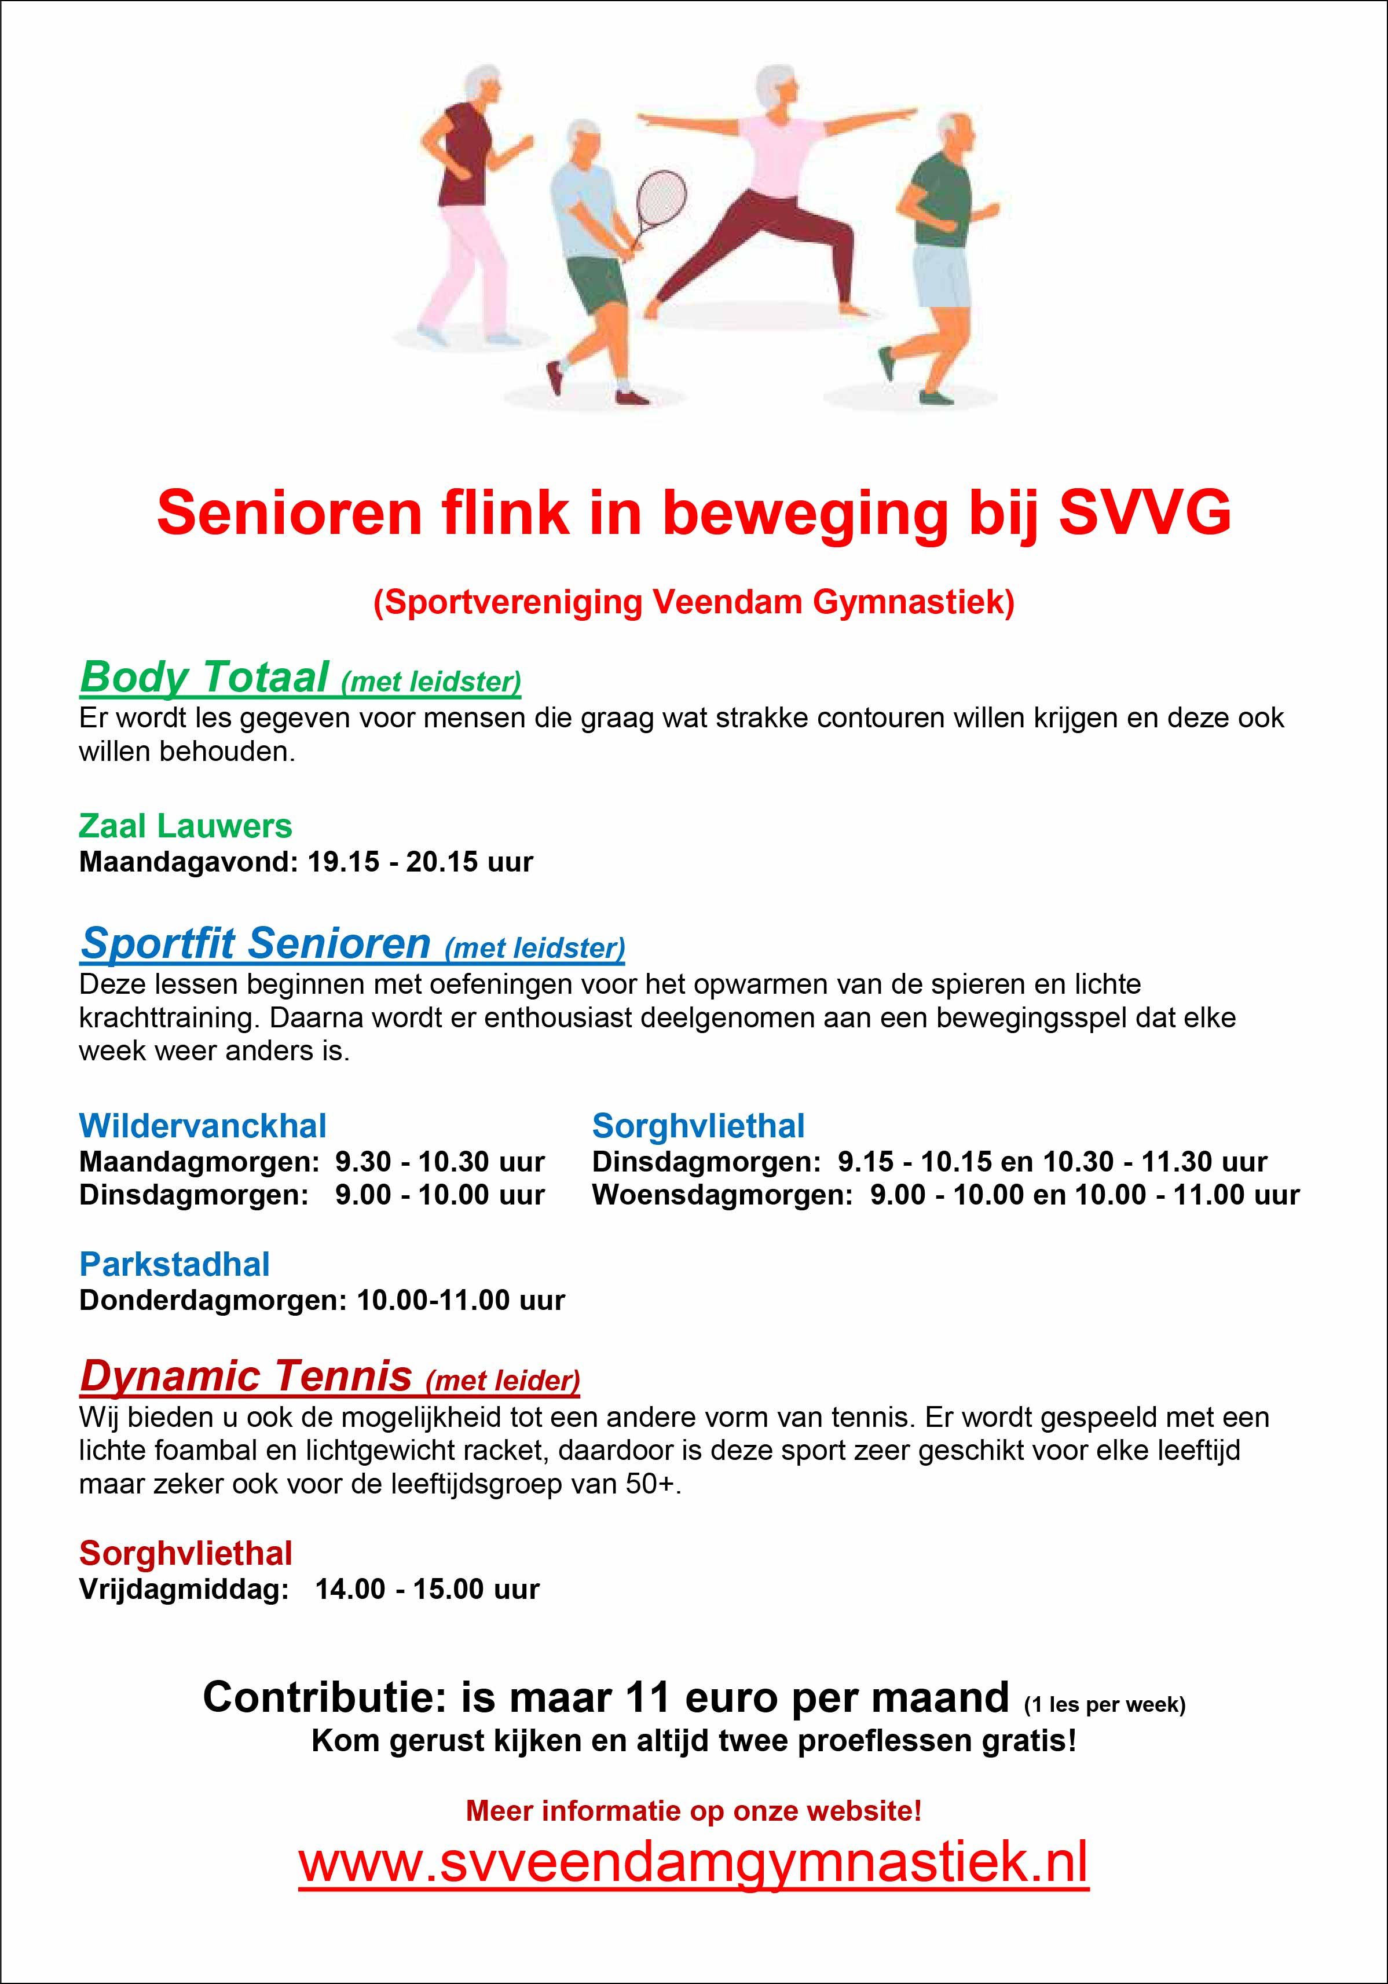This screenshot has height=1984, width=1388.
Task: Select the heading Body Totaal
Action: click(204, 676)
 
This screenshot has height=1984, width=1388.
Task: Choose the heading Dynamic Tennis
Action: click(246, 1376)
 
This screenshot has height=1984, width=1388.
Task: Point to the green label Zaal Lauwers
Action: click(185, 827)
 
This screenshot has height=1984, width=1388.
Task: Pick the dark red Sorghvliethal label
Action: click(186, 1554)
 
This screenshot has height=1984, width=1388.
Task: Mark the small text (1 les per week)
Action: click(1104, 1705)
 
